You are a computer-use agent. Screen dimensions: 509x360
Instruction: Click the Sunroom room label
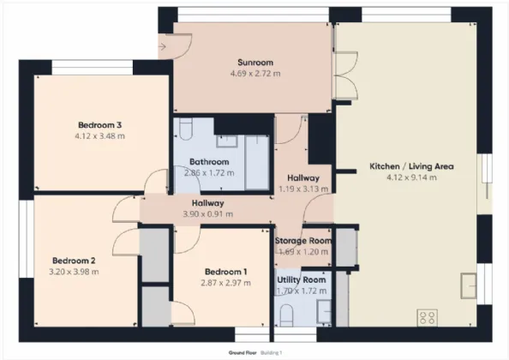[x=255, y=63]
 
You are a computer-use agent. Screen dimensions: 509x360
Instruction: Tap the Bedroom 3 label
[x=100, y=125]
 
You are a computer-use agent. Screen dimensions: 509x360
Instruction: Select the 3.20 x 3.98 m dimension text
[x=74, y=272]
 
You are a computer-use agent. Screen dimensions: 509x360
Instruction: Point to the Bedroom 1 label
[x=226, y=272]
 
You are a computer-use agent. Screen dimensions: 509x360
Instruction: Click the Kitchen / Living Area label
[x=411, y=166]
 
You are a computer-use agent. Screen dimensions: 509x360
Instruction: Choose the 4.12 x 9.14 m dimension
[x=411, y=177]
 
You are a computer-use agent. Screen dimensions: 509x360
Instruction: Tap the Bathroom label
[x=209, y=162]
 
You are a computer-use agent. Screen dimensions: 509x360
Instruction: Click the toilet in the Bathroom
[x=186, y=129]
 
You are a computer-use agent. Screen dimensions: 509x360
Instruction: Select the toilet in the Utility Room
[x=286, y=315]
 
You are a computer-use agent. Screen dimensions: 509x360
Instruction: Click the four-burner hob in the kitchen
[x=427, y=317]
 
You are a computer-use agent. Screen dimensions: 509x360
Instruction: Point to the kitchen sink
[x=469, y=286]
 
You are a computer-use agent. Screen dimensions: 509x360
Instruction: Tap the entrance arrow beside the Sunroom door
[x=162, y=47]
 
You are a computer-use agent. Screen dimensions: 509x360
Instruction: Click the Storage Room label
[x=303, y=241]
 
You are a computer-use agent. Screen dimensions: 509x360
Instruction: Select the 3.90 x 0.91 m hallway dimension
[x=208, y=214]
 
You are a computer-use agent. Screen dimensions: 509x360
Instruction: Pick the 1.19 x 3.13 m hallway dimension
[x=303, y=189]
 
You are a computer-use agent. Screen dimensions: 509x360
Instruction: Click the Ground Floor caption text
[x=243, y=353]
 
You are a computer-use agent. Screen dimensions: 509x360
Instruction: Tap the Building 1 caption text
[x=272, y=353]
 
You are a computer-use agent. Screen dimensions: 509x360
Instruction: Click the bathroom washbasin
[x=227, y=141]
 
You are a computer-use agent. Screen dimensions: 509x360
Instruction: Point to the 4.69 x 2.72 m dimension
[x=255, y=74]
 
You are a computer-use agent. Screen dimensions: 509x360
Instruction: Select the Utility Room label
[x=302, y=279]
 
